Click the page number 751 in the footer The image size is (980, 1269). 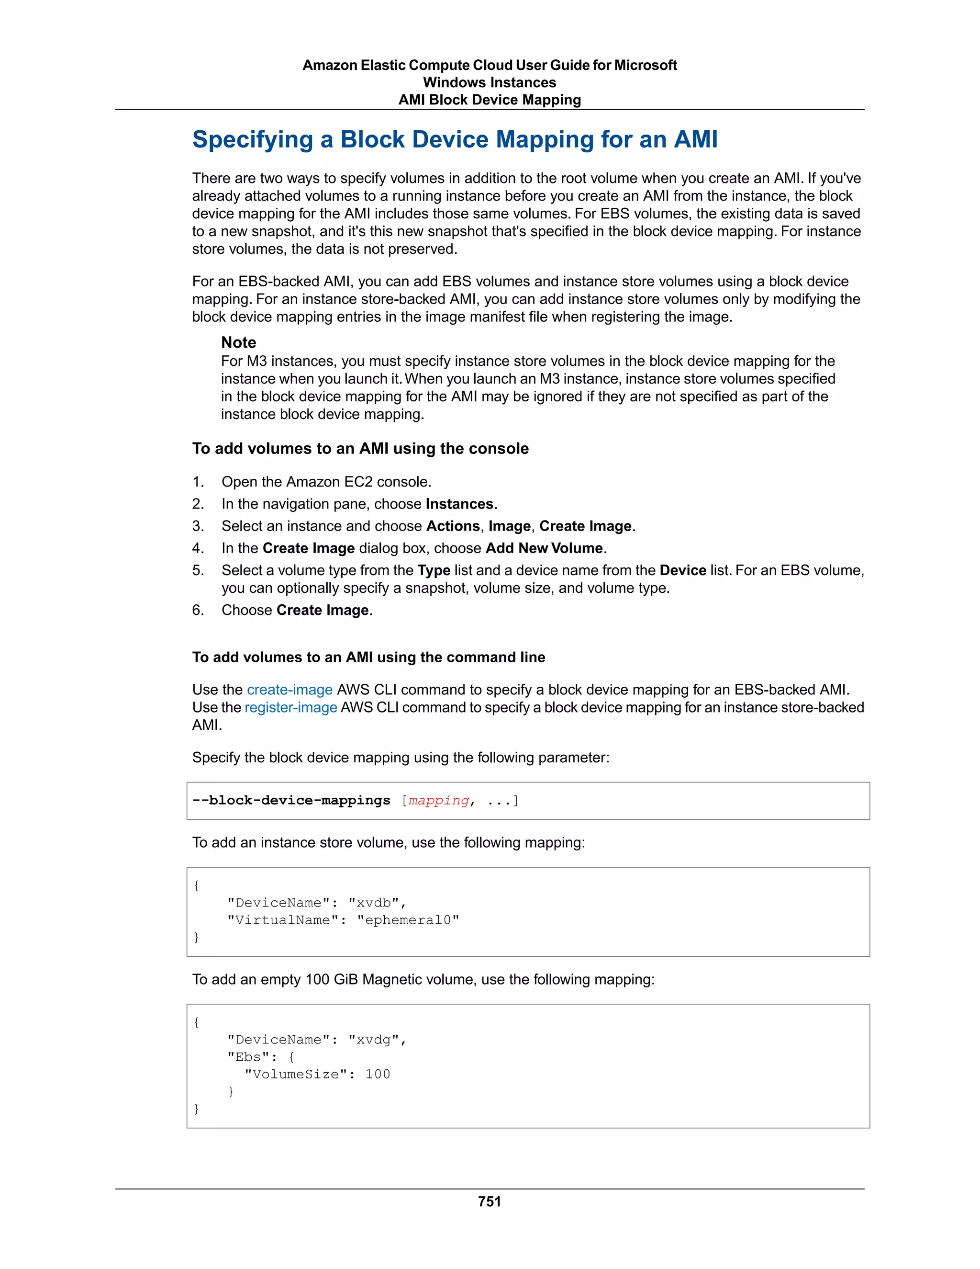pos(490,1201)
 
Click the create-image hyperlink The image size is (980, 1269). pos(289,690)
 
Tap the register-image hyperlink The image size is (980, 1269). pos(290,707)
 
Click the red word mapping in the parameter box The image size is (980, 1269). pos(438,801)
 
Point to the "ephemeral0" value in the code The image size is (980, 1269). pos(408,920)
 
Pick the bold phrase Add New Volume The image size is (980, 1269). pos(545,548)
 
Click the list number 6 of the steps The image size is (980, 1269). pos(198,610)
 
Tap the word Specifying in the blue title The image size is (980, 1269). pos(253,139)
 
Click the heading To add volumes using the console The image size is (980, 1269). pos(360,449)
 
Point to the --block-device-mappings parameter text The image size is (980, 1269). pos(291,801)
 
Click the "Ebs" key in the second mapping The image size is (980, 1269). pos(248,1057)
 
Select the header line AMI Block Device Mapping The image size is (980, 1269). pos(490,100)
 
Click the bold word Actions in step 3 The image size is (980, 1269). pos(452,526)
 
